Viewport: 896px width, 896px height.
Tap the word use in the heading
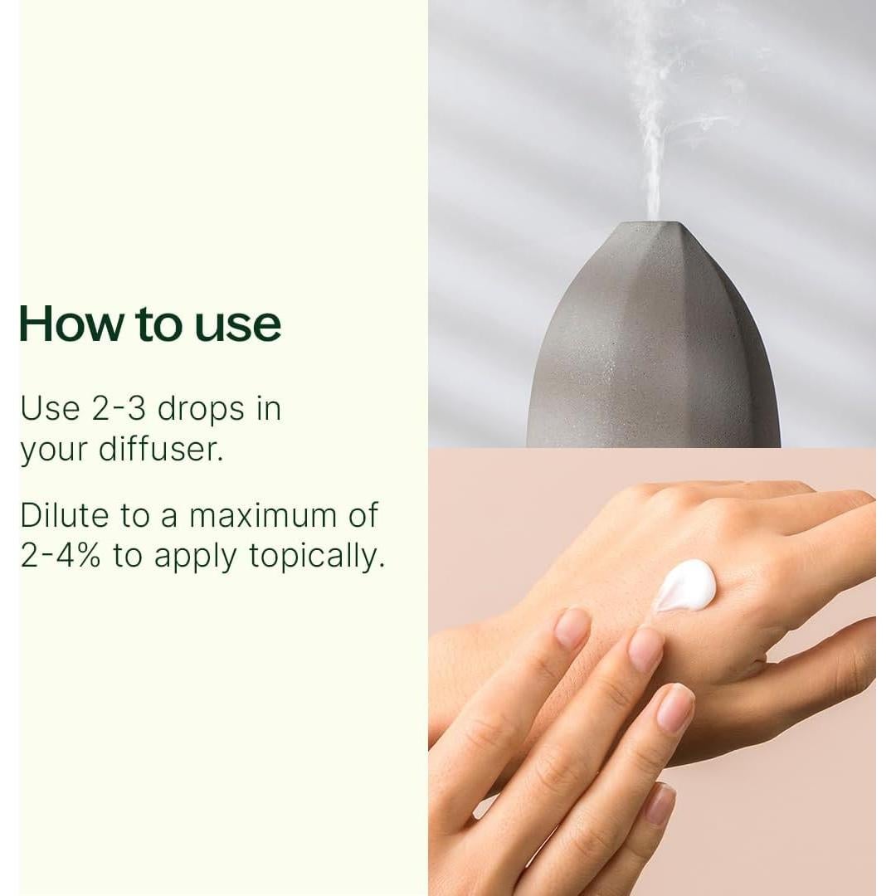[238, 325]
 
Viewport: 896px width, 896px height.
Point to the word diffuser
[161, 450]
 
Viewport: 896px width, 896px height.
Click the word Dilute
[65, 515]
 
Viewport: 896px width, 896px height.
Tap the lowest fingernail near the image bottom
[660, 803]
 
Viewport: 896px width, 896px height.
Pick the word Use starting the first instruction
[50, 409]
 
